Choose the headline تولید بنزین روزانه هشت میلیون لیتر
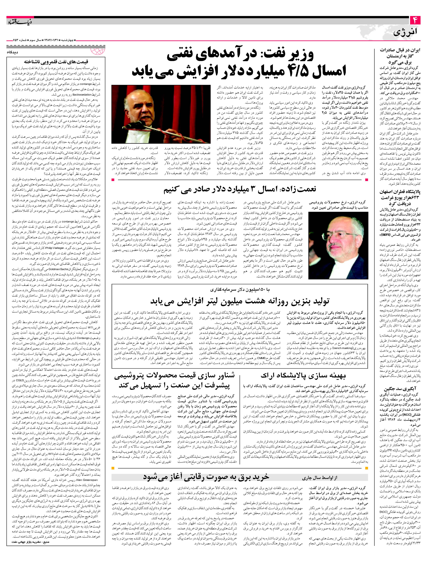point(239,301)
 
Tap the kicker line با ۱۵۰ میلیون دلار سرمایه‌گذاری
point(239,289)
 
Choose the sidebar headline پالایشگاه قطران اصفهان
point(399,197)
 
